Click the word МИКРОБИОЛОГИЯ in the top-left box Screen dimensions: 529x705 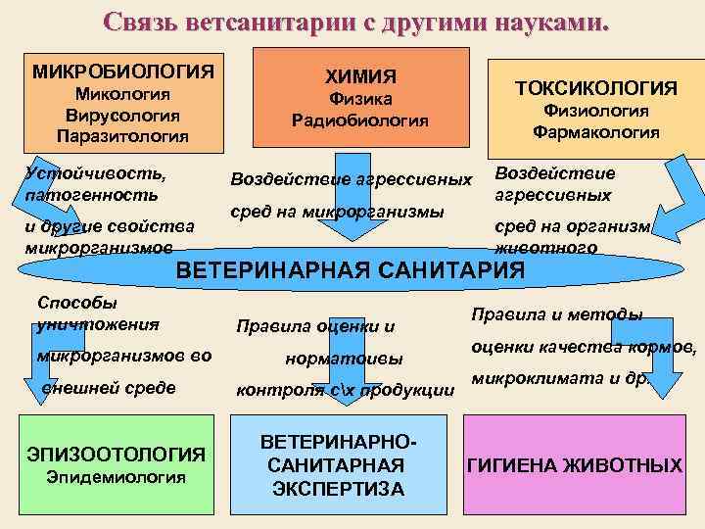[122, 72]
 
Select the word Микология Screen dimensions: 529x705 [123, 94]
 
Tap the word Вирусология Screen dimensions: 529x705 [122, 114]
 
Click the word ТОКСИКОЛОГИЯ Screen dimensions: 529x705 [596, 88]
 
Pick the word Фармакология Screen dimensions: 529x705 [596, 130]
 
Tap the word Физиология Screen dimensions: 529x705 [596, 111]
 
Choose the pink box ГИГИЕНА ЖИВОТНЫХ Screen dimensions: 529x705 [575, 465]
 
